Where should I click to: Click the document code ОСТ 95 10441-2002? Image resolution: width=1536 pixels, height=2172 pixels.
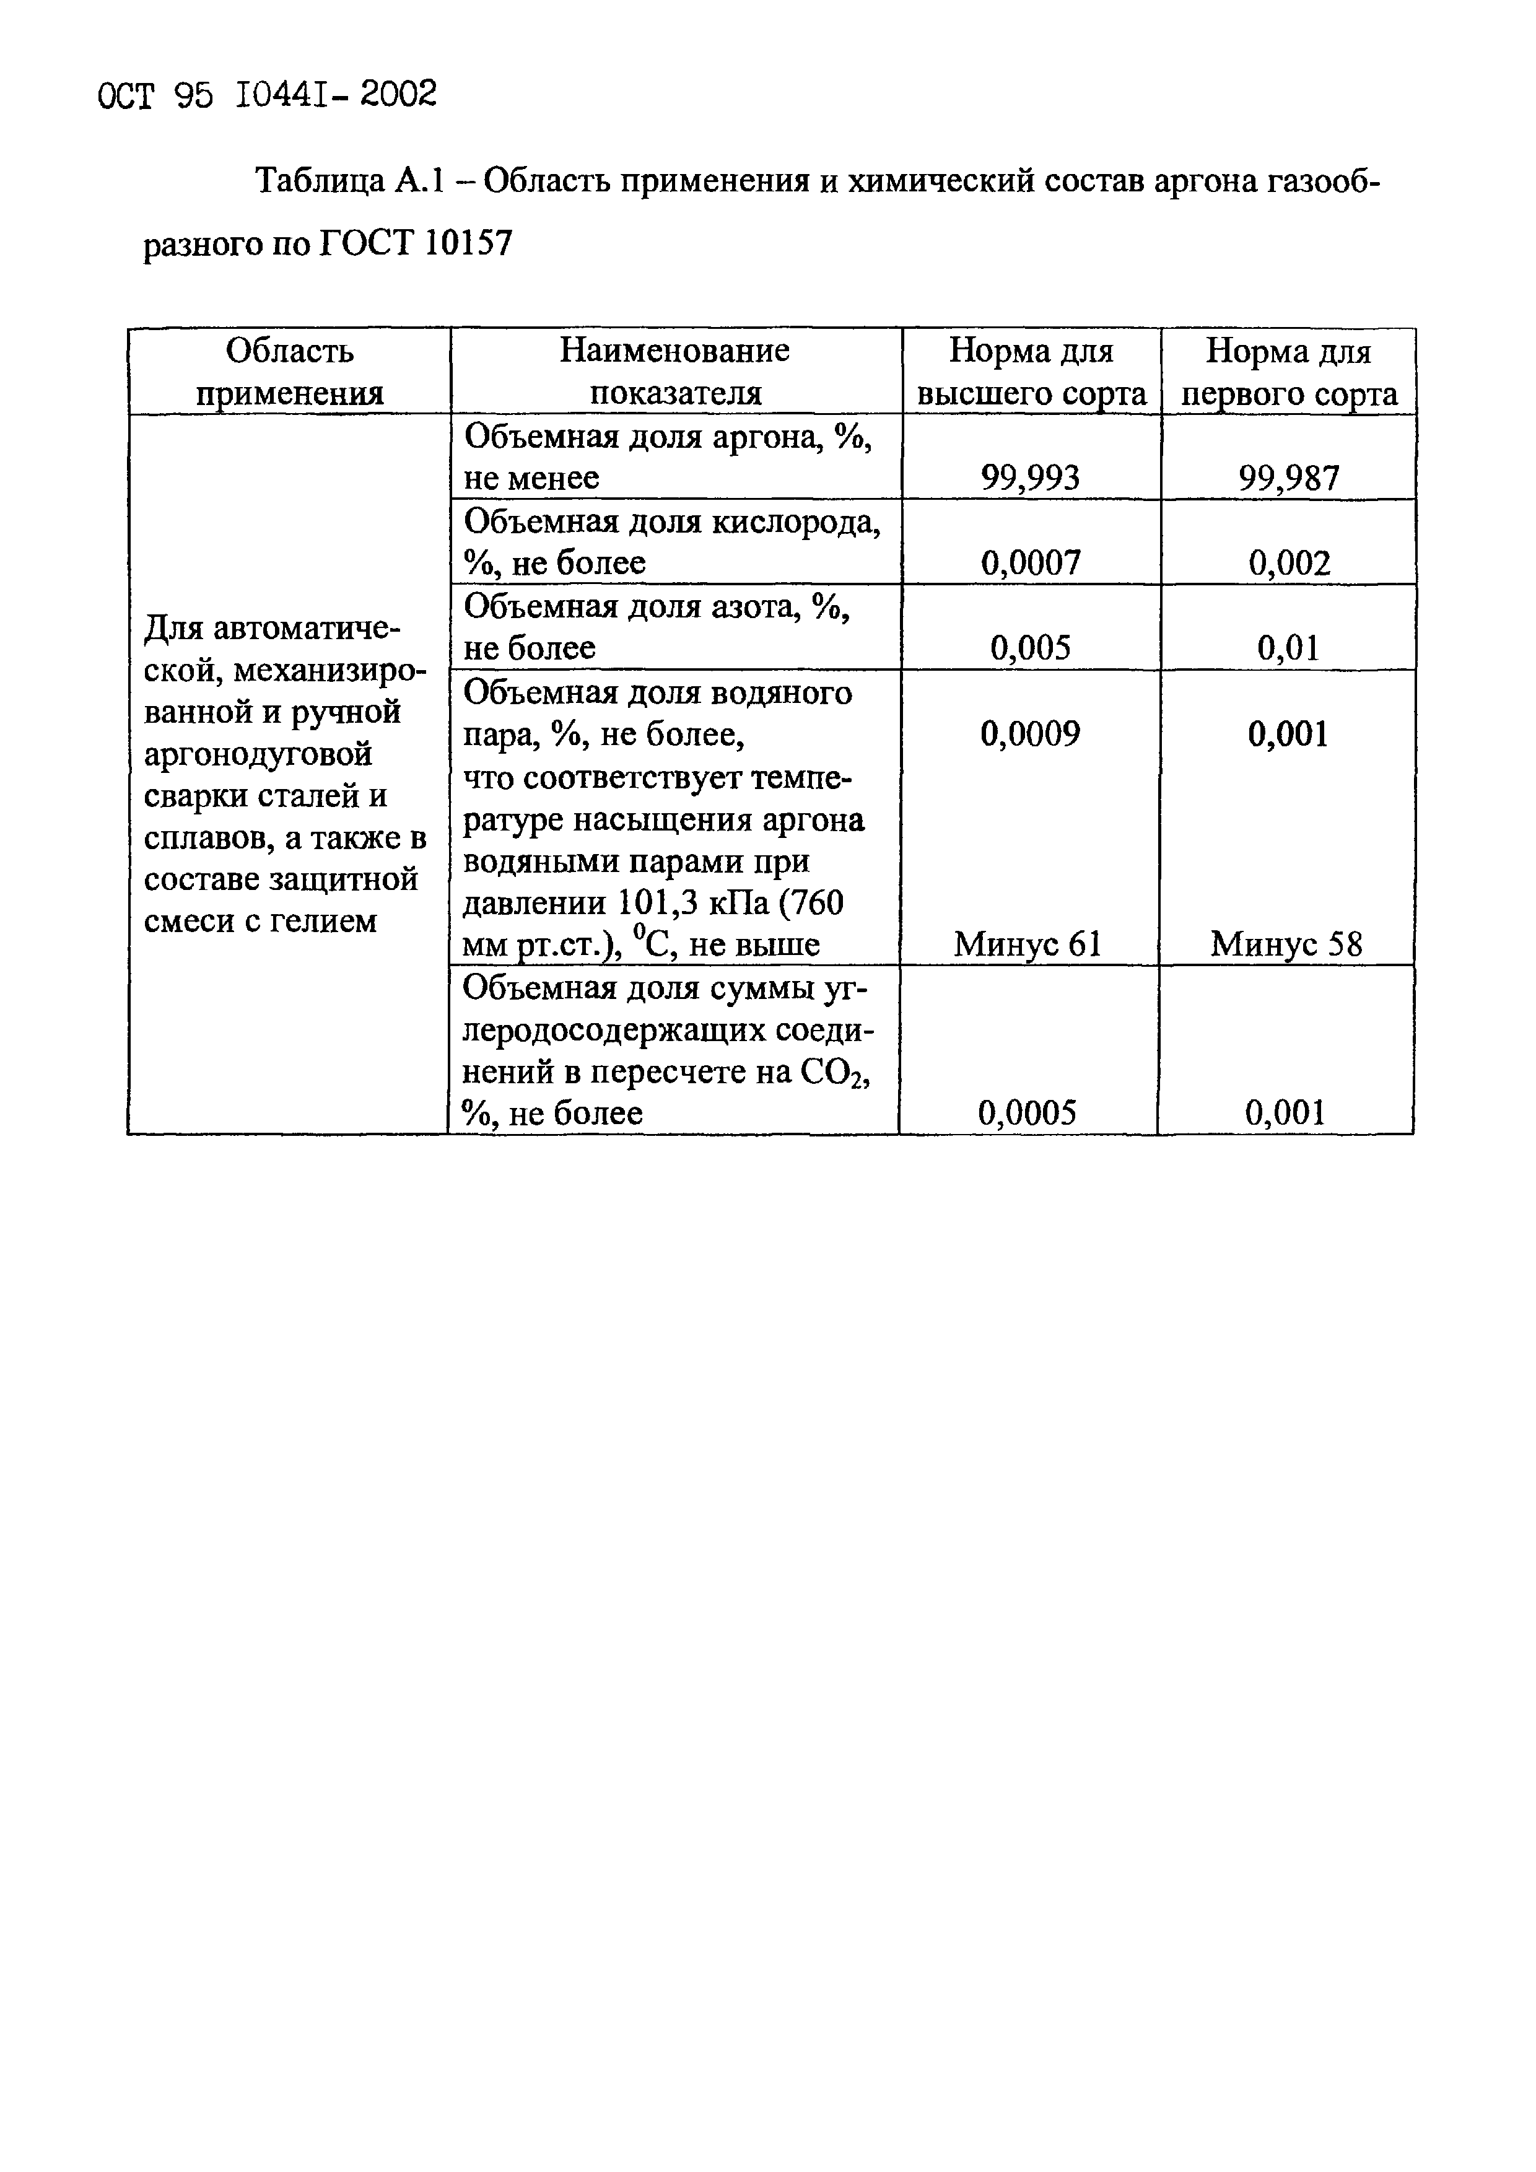tap(268, 95)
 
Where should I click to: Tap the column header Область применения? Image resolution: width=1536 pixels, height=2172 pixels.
tap(289, 372)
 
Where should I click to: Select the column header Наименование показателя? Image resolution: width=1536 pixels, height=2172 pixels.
tap(674, 372)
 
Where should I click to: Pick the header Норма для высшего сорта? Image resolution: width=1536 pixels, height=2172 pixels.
tap(1031, 372)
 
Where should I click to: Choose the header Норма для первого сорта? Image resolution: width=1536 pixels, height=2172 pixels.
tap(1288, 372)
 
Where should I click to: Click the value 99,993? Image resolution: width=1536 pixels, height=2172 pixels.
tap(1030, 478)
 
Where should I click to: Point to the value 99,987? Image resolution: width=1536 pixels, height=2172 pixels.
tap(1288, 478)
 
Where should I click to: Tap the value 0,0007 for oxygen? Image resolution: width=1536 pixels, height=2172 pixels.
tap(1030, 563)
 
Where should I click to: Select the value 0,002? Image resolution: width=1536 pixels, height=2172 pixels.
tap(1289, 563)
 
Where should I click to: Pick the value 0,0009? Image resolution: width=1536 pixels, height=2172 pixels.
tap(1030, 733)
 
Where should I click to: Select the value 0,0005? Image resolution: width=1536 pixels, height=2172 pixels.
tap(1027, 1112)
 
